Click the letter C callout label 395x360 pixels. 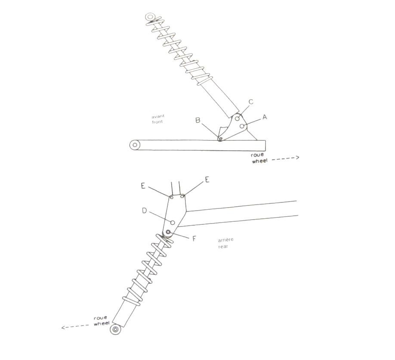click(251, 102)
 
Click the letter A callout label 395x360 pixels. click(265, 117)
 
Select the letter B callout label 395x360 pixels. click(198, 120)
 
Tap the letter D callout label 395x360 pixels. click(144, 211)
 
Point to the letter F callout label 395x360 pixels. click(194, 239)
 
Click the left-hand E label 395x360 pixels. click(143, 186)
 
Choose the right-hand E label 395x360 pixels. click(207, 180)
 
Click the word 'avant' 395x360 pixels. click(158, 116)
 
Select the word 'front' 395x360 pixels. click(157, 122)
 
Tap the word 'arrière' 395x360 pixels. click(226, 240)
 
